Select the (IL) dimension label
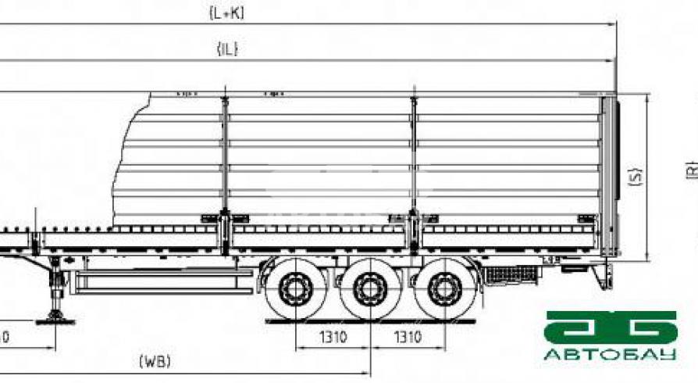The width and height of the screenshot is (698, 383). click(227, 49)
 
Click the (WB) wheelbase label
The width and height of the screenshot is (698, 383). click(155, 361)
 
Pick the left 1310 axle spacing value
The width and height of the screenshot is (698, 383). click(330, 338)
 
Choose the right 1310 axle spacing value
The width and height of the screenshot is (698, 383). click(406, 338)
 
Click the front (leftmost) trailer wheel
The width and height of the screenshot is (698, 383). click(294, 290)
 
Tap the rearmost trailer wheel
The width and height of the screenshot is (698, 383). click(443, 290)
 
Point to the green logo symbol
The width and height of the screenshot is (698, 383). click(611, 328)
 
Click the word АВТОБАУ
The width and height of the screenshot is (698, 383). click(610, 355)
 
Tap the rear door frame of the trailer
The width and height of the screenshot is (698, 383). click(607, 176)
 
